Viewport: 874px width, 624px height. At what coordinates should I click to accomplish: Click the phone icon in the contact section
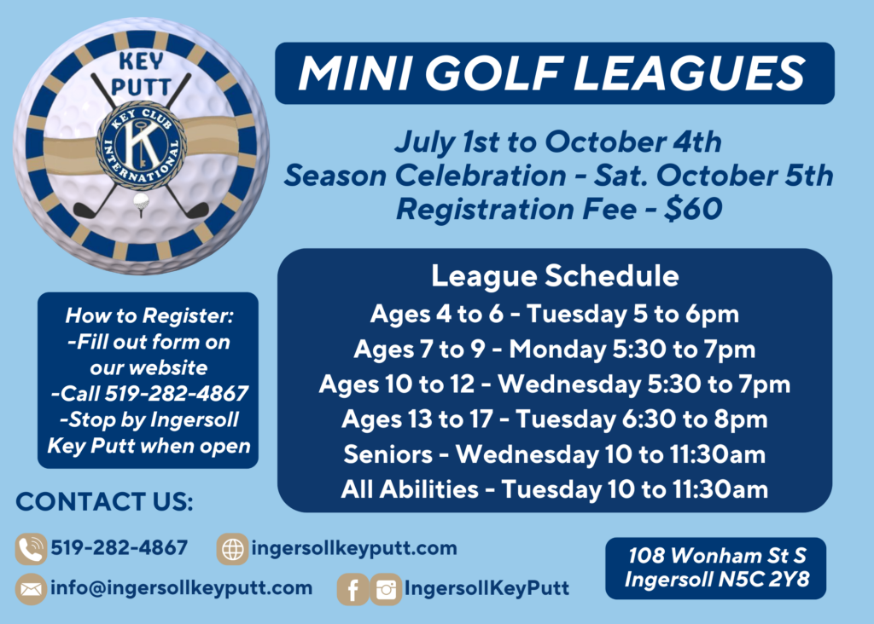[31, 549]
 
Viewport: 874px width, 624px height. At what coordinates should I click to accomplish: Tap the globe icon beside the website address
[232, 549]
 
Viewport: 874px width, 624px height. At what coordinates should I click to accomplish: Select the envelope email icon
[31, 589]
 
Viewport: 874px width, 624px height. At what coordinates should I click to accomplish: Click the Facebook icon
[353, 589]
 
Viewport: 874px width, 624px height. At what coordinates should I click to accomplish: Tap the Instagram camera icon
[386, 589]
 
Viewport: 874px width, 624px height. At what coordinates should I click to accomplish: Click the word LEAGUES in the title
[689, 73]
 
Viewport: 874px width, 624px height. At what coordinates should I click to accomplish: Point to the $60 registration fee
[693, 210]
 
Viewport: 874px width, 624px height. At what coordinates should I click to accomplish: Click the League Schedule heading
[555, 276]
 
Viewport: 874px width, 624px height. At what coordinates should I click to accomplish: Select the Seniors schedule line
[555, 454]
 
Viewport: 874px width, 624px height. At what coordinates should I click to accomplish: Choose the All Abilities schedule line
[555, 490]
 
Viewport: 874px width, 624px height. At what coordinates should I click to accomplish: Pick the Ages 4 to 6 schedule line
[555, 315]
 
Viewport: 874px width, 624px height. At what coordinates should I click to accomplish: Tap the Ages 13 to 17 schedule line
[555, 419]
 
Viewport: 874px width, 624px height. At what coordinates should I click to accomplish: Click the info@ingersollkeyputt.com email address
[182, 588]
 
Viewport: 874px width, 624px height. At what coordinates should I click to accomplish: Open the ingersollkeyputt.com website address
[354, 548]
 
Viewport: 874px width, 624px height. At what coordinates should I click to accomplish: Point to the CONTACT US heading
[105, 501]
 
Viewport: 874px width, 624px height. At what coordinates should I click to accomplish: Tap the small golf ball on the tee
[141, 201]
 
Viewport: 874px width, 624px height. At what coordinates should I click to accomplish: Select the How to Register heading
[149, 315]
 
